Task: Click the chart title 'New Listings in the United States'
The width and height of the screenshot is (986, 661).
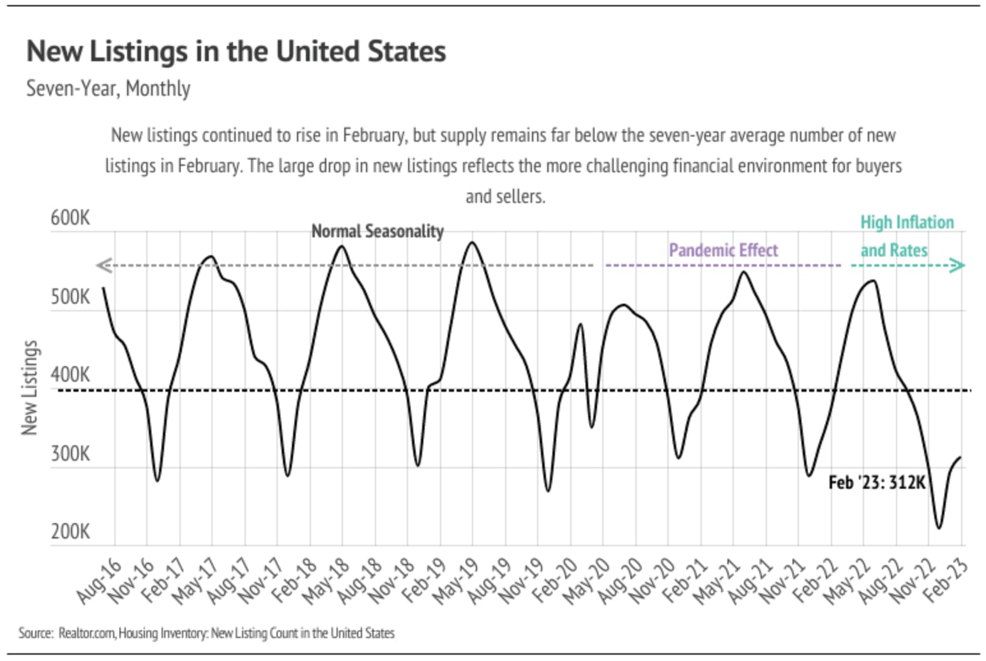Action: coord(236,52)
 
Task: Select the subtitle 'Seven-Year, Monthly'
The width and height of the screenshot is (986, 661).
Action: coord(108,88)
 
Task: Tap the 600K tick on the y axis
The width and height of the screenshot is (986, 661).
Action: coord(70,218)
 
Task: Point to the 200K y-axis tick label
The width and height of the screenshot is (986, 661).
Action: coord(70,531)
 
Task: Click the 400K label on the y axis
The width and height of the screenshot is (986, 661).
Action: coord(70,375)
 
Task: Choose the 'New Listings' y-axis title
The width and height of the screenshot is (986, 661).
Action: coord(29,388)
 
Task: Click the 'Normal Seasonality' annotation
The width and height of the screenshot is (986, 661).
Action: coord(377,231)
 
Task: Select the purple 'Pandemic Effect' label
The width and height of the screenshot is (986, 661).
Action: coord(723,250)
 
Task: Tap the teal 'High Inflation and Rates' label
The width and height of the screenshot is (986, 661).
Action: coord(906,236)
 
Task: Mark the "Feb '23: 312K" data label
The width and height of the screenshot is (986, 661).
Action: coord(876,482)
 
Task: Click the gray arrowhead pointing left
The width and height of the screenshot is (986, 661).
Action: coord(104,265)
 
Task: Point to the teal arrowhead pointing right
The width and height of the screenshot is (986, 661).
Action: coord(957,265)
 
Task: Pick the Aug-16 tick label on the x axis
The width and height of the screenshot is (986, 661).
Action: coord(99,581)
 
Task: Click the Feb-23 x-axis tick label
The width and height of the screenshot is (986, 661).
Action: coord(946,581)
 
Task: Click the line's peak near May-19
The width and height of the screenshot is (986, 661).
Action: coord(472,242)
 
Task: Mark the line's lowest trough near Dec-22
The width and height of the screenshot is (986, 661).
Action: coord(939,528)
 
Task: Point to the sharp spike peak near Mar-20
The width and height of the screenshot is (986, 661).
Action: coord(580,324)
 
